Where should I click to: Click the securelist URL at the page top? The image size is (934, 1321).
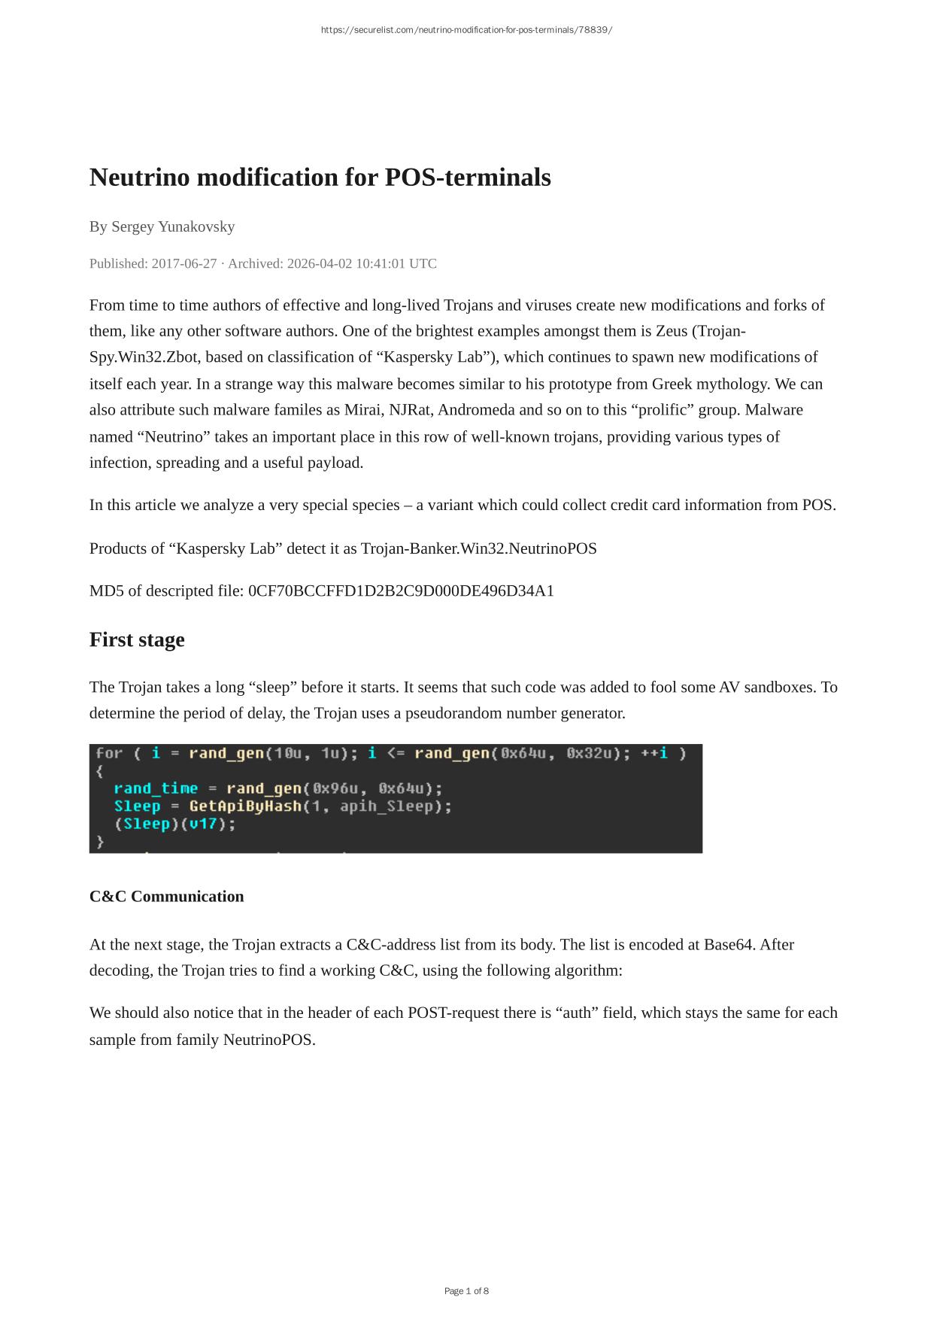click(x=466, y=30)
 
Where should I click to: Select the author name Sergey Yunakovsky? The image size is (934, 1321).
click(x=173, y=226)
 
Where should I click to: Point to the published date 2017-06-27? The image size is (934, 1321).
click(x=184, y=263)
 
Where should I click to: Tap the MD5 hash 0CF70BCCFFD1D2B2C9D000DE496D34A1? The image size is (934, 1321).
click(x=401, y=591)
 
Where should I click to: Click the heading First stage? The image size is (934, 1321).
click(x=137, y=639)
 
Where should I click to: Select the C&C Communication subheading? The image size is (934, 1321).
click(x=166, y=896)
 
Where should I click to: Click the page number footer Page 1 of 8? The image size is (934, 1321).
click(x=466, y=1291)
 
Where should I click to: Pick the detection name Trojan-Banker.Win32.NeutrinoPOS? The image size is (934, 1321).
click(x=479, y=548)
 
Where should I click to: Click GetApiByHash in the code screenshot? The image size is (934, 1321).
click(x=244, y=806)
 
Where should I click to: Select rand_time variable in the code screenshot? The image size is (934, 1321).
click(x=156, y=788)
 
